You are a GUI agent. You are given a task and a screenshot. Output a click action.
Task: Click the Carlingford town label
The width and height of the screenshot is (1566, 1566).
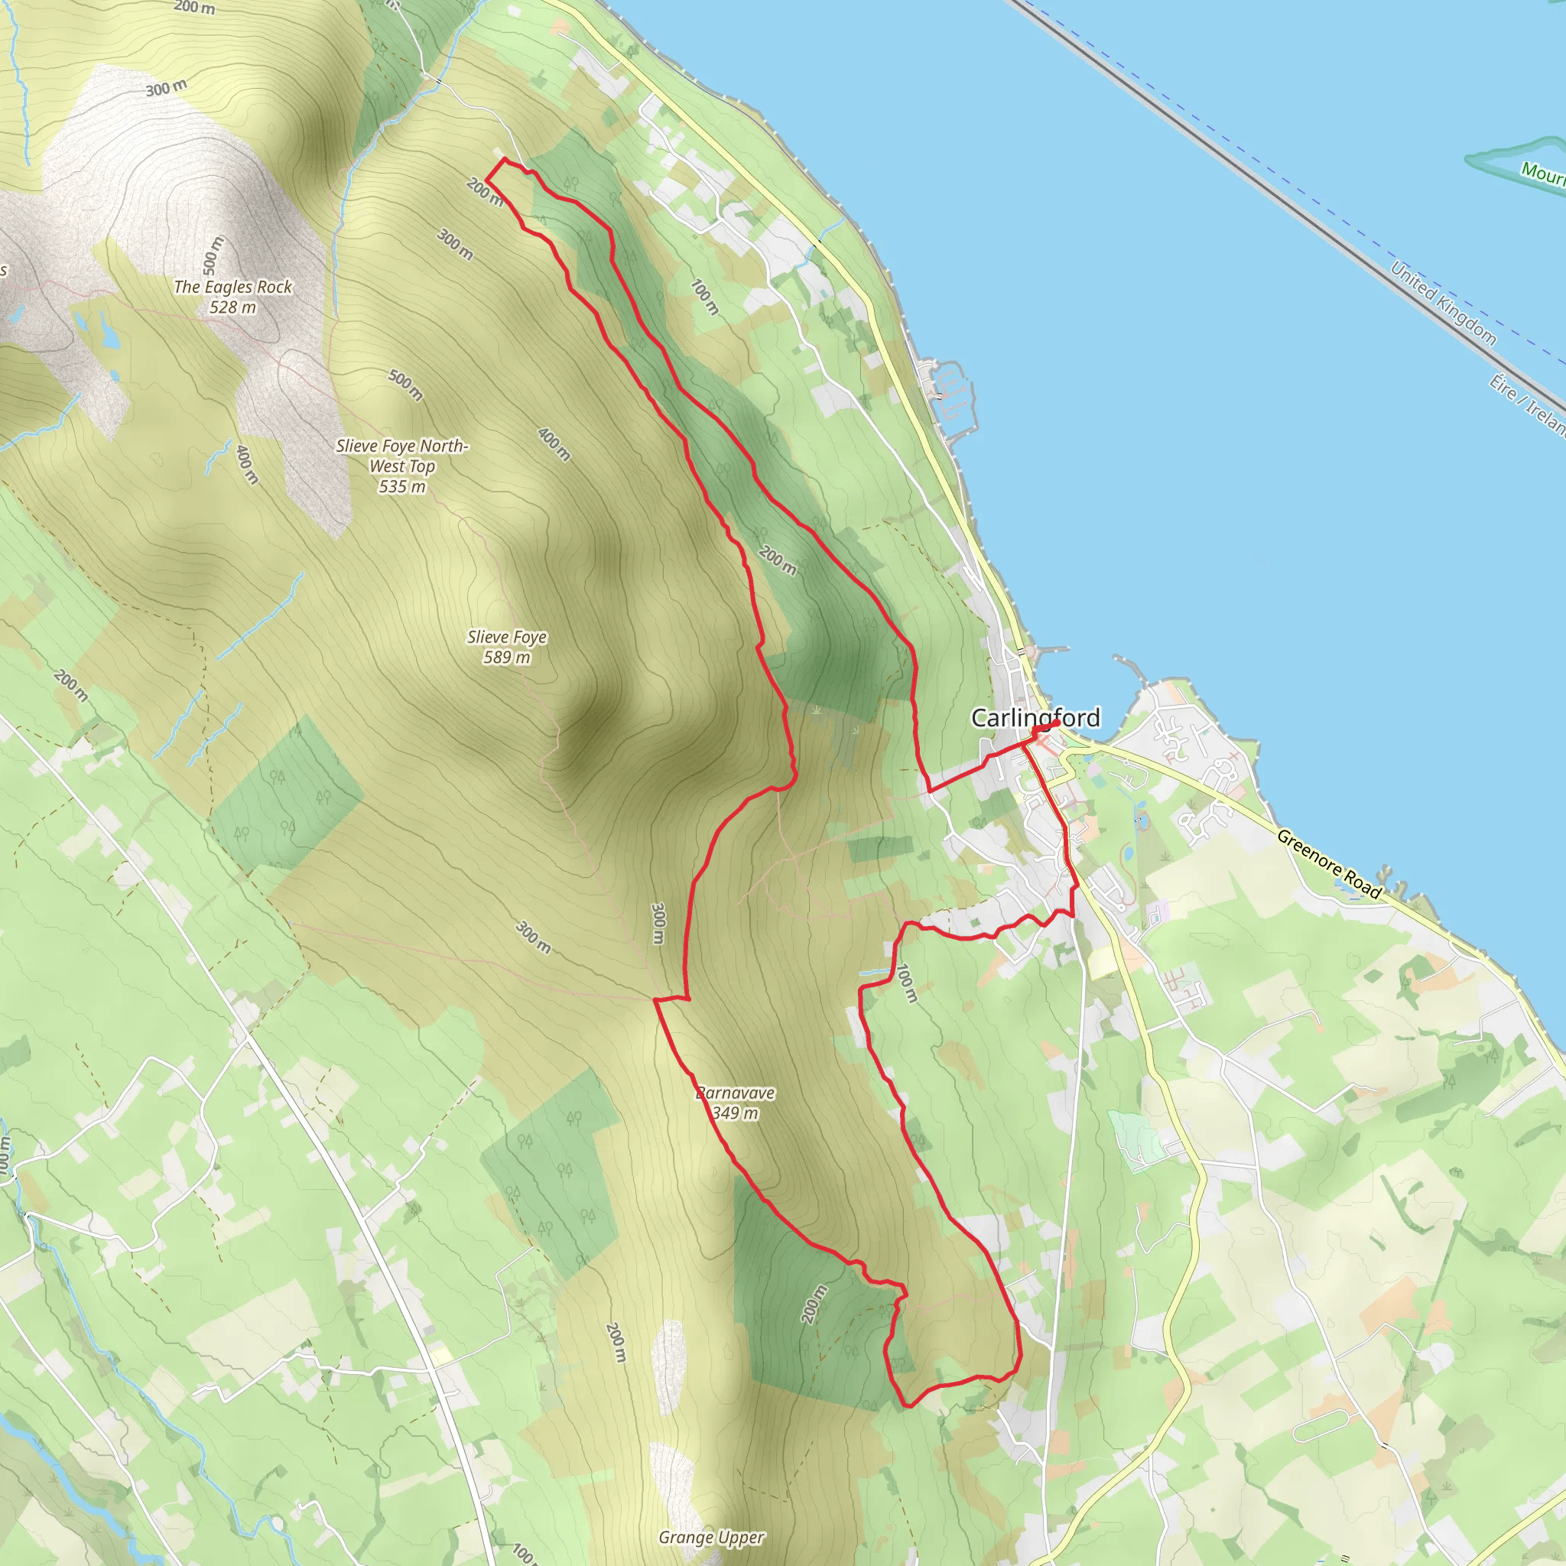click(x=1035, y=718)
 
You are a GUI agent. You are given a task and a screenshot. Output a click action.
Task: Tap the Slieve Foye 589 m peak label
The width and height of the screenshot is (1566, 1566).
click(x=507, y=647)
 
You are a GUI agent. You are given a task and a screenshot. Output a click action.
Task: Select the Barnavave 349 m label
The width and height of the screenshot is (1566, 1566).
click(x=735, y=1103)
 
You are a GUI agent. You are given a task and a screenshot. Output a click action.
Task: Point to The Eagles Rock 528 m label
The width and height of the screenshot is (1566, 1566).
click(x=232, y=297)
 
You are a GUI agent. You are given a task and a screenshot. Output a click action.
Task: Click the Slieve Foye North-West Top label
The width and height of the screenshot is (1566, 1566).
click(x=402, y=466)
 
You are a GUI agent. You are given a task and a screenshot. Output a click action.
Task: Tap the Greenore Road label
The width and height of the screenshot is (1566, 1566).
click(x=1328, y=864)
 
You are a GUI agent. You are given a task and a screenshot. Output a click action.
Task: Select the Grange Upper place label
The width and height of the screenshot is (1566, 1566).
click(x=711, y=1538)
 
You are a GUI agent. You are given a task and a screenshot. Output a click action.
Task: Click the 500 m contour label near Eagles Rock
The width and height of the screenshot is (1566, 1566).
click(x=213, y=254)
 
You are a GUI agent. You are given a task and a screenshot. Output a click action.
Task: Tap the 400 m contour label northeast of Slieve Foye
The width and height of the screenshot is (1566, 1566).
click(x=554, y=445)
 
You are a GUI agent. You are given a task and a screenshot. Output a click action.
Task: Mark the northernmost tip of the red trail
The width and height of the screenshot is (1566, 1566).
click(x=505, y=159)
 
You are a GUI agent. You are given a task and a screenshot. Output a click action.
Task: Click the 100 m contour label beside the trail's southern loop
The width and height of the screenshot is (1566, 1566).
click(x=907, y=983)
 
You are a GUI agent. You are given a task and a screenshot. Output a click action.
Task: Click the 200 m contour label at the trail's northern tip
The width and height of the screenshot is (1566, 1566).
click(x=484, y=193)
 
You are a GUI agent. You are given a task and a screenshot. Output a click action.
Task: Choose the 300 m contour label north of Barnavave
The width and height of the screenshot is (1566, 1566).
click(x=658, y=923)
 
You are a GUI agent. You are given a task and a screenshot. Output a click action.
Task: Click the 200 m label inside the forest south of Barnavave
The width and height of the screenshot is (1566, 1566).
click(x=814, y=1304)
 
